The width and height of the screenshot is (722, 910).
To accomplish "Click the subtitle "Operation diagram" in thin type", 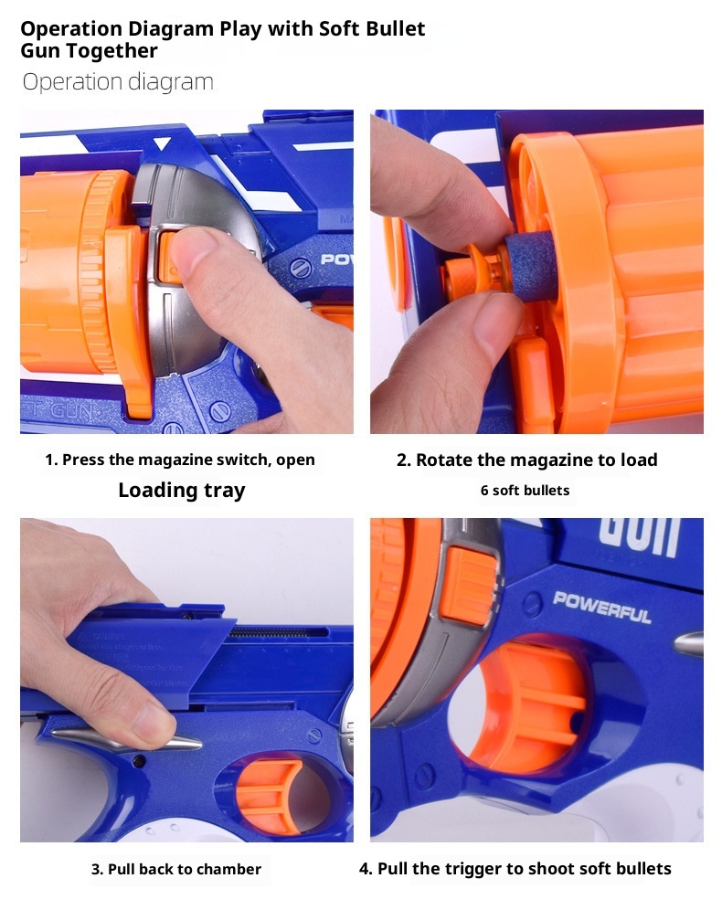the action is tap(118, 82).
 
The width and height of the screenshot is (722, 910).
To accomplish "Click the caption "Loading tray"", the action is tap(182, 491).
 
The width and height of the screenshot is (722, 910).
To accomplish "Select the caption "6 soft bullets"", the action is tap(525, 491).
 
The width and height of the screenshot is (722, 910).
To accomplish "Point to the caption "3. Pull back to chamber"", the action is tap(176, 869).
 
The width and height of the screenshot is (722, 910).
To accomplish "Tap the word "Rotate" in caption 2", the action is tap(444, 460).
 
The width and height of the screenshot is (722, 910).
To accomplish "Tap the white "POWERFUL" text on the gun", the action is tap(602, 607).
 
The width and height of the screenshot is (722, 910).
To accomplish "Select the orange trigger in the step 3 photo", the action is tap(267, 794).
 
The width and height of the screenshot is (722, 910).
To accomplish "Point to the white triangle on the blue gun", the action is tap(162, 143).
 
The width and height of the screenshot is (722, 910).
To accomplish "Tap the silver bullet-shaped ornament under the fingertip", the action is tap(128, 741).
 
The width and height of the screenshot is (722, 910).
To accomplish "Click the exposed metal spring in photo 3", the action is tap(280, 632).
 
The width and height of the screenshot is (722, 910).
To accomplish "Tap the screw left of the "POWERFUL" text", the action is tap(531, 606).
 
